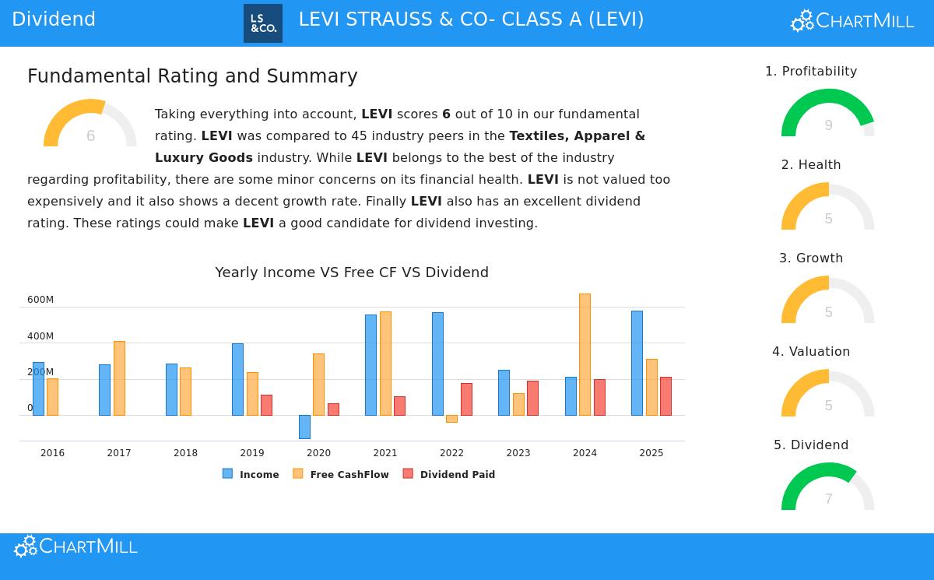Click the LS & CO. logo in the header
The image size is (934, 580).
click(x=263, y=23)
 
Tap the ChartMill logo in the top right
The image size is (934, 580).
click(x=851, y=21)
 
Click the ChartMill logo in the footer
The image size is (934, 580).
click(x=75, y=547)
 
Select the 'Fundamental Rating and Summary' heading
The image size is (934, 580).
click(x=192, y=76)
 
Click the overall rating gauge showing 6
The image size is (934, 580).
click(x=90, y=125)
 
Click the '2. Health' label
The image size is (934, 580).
click(x=811, y=165)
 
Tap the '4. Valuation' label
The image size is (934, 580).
click(x=811, y=352)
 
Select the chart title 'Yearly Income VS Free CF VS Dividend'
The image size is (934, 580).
click(x=352, y=272)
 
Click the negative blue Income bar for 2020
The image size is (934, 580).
click(x=304, y=427)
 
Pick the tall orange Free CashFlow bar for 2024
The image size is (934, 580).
click(x=585, y=354)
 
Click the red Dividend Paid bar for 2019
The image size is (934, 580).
click(x=266, y=405)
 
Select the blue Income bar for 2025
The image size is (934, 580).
click(x=637, y=363)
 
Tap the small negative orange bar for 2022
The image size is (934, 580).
click(x=451, y=419)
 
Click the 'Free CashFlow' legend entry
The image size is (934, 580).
click(x=349, y=474)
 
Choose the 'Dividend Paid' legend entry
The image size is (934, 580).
click(x=457, y=474)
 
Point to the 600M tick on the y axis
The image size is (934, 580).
click(x=40, y=300)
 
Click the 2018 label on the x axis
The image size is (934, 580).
click(x=185, y=453)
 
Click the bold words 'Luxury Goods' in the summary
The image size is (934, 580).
click(x=204, y=157)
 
